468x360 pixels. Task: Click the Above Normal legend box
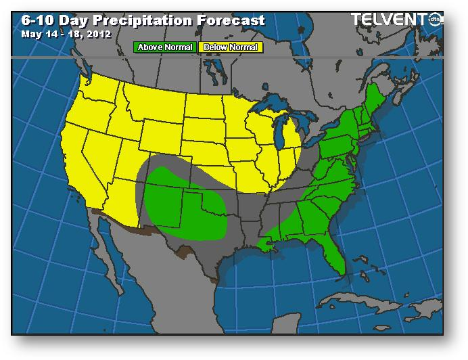pyautogui.click(x=165, y=47)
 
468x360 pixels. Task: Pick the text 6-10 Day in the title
pyautogui.click(x=51, y=20)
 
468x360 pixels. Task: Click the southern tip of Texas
pyautogui.click(x=215, y=277)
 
